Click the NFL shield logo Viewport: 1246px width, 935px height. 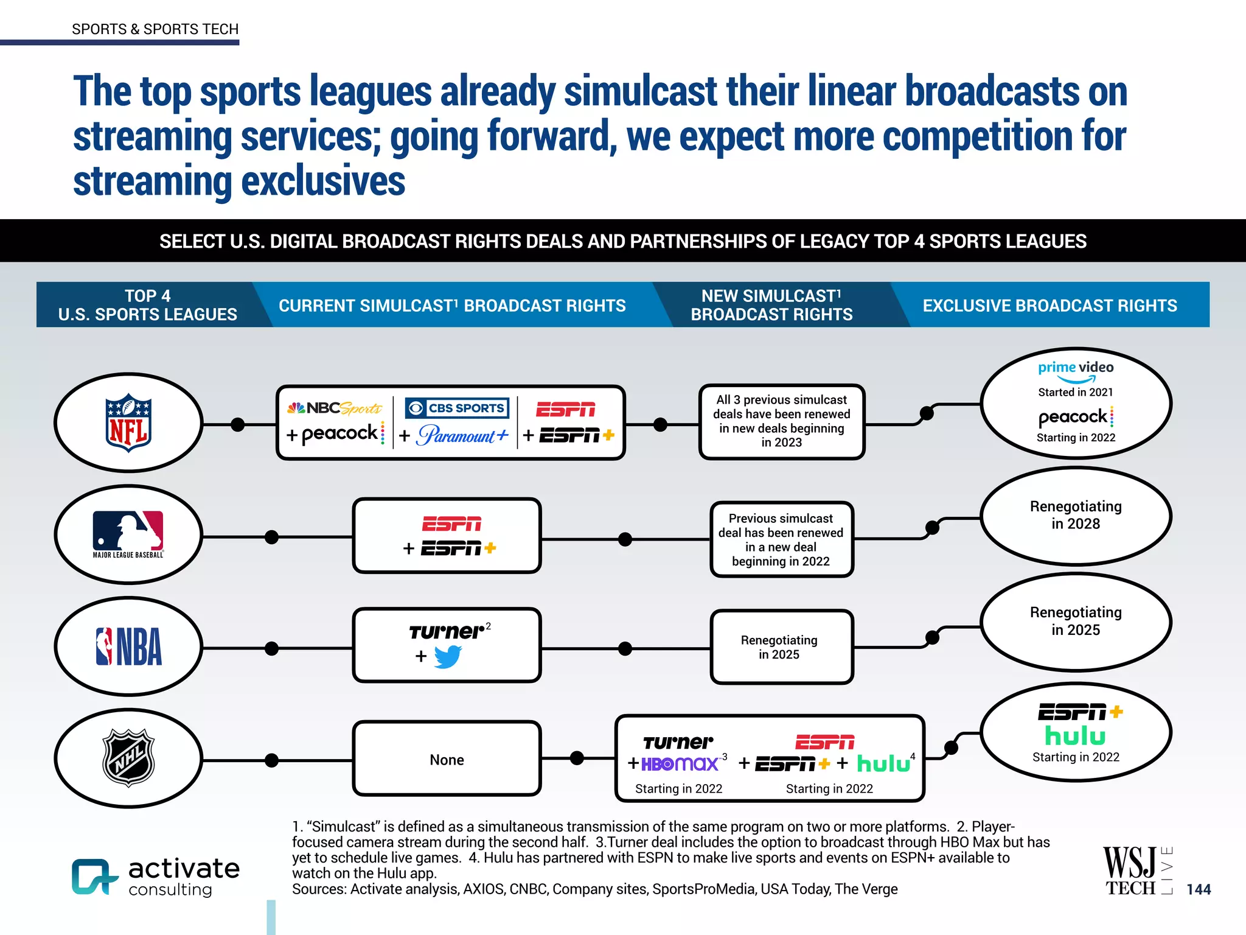click(x=128, y=422)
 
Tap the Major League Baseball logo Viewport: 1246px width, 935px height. click(x=128, y=533)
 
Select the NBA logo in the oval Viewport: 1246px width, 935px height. click(x=129, y=646)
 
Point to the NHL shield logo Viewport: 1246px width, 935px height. click(x=128, y=758)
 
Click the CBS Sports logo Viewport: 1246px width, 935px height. click(x=457, y=408)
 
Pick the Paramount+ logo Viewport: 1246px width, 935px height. click(x=462, y=435)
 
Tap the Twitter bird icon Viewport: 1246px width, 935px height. click(x=448, y=657)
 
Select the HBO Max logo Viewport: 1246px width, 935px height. click(x=680, y=763)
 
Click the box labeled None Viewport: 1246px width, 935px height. click(x=447, y=759)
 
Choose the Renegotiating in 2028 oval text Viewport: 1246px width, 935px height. click(x=1075, y=515)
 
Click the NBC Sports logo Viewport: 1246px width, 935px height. click(x=335, y=408)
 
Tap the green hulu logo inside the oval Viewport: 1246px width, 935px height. click(x=1075, y=736)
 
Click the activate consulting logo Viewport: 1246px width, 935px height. click(x=156, y=876)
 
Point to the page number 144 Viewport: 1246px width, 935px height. click(x=1198, y=889)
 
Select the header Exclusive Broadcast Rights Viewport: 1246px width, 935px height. click(x=1049, y=306)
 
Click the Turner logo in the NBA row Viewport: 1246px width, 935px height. click(x=447, y=632)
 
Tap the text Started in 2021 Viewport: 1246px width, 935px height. click(x=1075, y=393)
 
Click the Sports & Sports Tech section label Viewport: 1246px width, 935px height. click(x=155, y=29)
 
